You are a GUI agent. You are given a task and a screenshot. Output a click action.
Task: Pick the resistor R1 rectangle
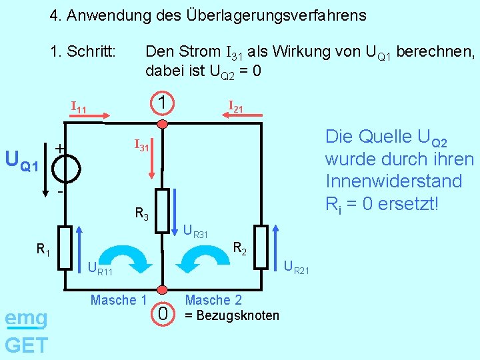[65, 248]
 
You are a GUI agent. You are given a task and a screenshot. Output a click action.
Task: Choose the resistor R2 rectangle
[260, 247]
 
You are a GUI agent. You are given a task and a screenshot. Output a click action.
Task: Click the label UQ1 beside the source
[22, 161]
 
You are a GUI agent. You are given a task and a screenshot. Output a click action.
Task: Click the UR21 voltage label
[296, 269]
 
